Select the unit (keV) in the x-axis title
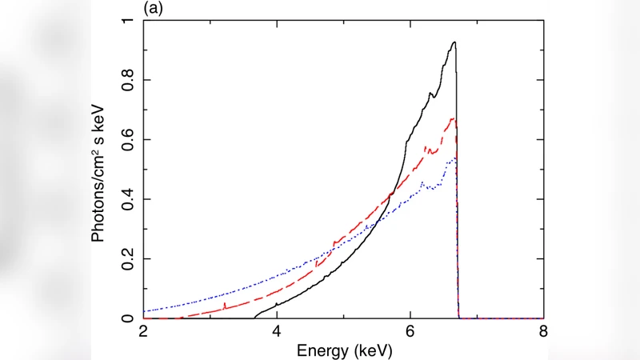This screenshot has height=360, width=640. pyautogui.click(x=369, y=350)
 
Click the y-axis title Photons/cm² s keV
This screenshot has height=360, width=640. pyautogui.click(x=99, y=170)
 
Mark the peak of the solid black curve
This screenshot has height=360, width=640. pyautogui.click(x=454, y=42)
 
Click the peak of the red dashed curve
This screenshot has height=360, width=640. pyautogui.click(x=454, y=118)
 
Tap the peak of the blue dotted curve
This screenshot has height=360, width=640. pyautogui.click(x=454, y=158)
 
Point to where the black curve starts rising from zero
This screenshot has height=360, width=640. pyautogui.click(x=255, y=318)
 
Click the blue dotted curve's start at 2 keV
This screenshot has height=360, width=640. pyautogui.click(x=144, y=310)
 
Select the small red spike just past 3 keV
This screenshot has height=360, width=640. pyautogui.click(x=226, y=304)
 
